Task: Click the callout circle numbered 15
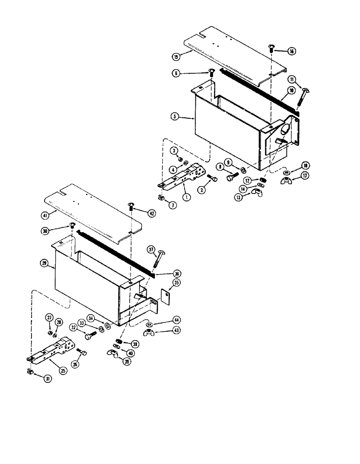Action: [176, 57]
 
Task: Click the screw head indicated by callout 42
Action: [130, 206]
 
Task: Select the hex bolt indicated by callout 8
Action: [231, 176]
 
